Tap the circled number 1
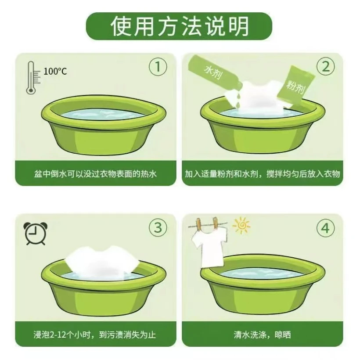pyautogui.click(x=158, y=67)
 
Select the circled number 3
pyautogui.click(x=158, y=227)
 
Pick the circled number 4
pyautogui.click(x=325, y=228)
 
